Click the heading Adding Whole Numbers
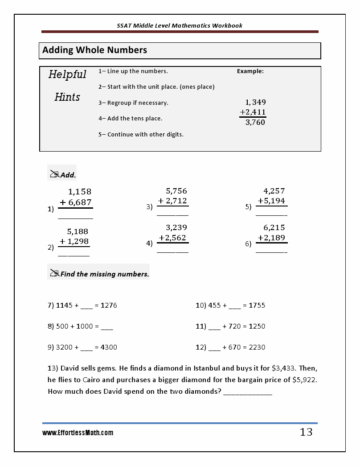coord(94,50)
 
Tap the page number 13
coord(306,432)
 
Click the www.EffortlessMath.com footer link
coord(78,433)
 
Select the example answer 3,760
coord(255,122)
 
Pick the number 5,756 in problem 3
coord(176,191)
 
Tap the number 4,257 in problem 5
coord(274,191)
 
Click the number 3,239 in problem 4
coord(176,227)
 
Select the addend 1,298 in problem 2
coord(78,241)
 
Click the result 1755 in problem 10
coord(257,305)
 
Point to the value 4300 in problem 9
coord(109,347)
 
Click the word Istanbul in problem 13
coord(209,368)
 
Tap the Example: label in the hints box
coord(250,71)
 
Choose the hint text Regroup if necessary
coord(138,103)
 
